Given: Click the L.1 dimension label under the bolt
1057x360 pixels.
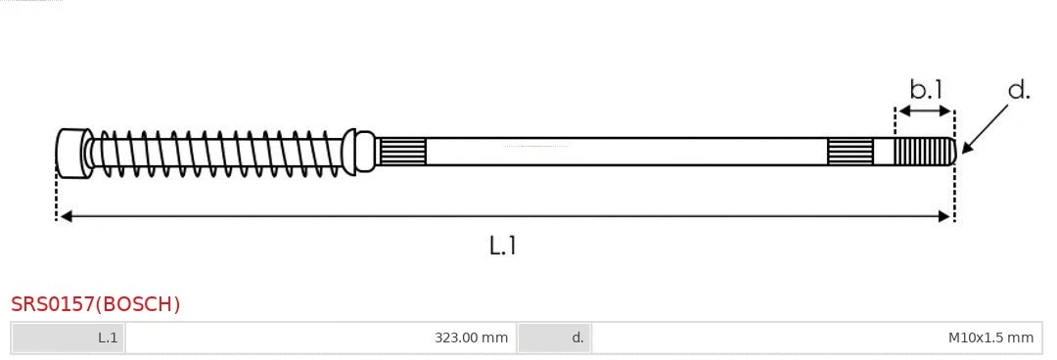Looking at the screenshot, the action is [x=503, y=246].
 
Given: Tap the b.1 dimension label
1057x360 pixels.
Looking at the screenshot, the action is [x=926, y=89].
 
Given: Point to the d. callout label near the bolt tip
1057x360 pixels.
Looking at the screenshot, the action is [x=1019, y=89].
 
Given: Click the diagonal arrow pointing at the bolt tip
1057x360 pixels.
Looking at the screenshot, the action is [x=986, y=127].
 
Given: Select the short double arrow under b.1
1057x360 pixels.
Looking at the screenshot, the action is [x=925, y=111].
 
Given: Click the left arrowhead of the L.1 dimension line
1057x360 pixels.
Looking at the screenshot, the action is [x=67, y=216].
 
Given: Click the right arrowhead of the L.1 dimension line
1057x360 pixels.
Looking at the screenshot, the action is [x=943, y=216].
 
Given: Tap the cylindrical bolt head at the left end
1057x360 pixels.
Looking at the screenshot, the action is [x=72, y=153].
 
